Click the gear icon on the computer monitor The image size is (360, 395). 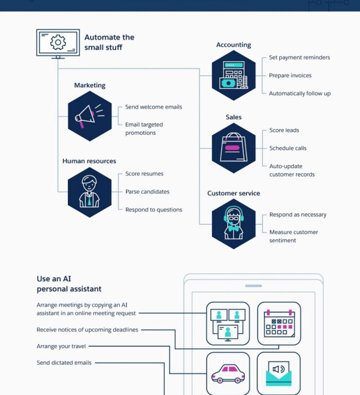click(58, 42)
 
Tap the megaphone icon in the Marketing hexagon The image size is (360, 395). click(89, 116)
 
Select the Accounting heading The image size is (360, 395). click(233, 45)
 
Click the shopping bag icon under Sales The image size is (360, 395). click(233, 148)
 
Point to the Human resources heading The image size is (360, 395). click(89, 161)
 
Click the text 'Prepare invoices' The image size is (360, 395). click(290, 76)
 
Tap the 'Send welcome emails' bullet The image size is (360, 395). click(153, 107)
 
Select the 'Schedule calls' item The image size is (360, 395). click(287, 148)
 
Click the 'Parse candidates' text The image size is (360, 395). click(147, 192)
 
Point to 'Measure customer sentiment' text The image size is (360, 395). click(293, 236)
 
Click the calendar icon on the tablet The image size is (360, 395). click(279, 324)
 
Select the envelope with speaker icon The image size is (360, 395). click(279, 374)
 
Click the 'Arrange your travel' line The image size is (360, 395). click(61, 346)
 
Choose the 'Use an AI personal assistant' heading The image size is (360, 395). click(69, 284)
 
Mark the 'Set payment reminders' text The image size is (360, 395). click(299, 58)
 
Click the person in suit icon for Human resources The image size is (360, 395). click(89, 192)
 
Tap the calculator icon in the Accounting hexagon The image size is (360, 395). click(233, 75)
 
